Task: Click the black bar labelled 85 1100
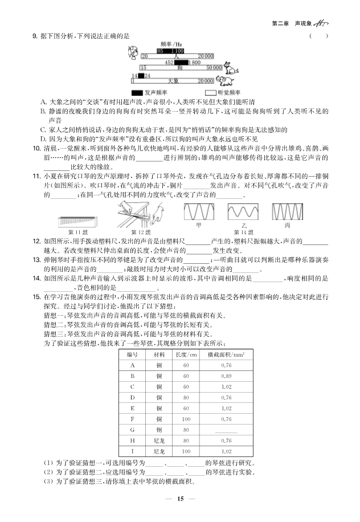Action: click(170, 51)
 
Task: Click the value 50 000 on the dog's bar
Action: click(214, 68)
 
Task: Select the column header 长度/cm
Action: click(186, 354)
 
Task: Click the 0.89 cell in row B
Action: click(226, 376)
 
